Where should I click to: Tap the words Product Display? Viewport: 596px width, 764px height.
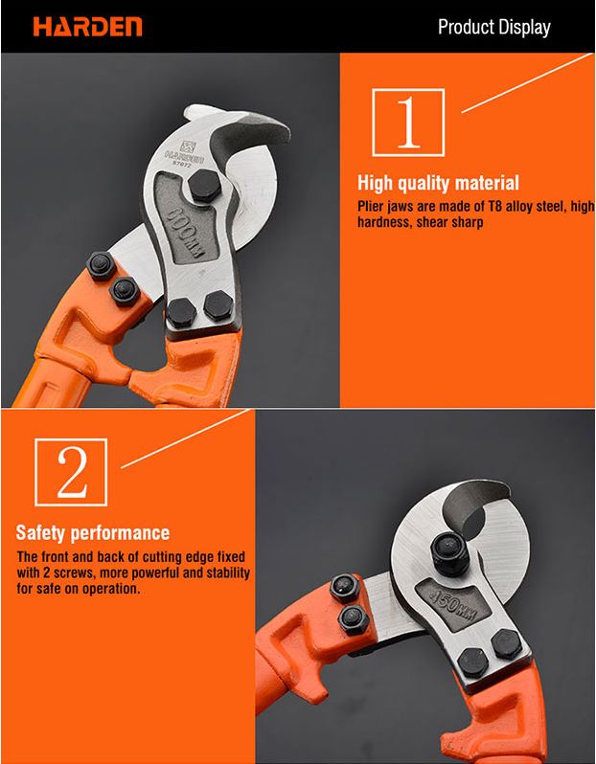click(493, 27)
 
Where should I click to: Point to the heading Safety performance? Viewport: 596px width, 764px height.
click(92, 532)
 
